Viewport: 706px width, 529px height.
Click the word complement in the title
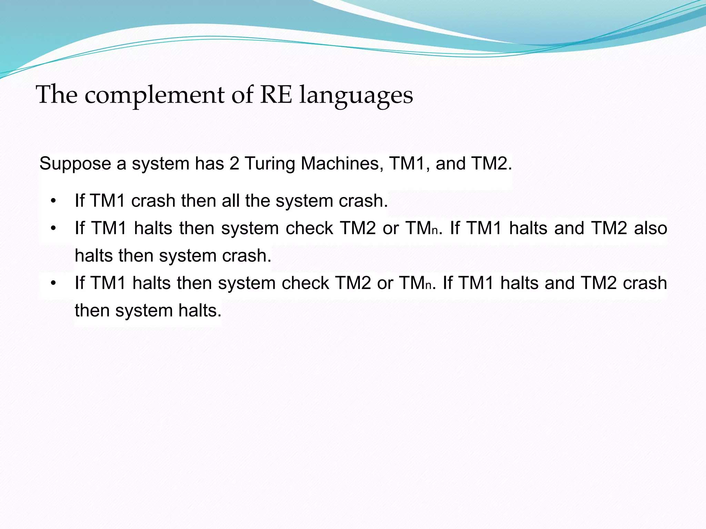pyautogui.click(x=154, y=95)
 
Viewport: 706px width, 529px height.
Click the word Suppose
pyautogui.click(x=75, y=164)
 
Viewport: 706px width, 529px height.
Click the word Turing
pyautogui.click(x=270, y=164)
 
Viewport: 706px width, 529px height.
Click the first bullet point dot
pyautogui.click(x=53, y=201)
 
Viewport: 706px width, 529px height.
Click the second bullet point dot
pyautogui.click(x=53, y=228)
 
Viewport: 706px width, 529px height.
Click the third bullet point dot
pyautogui.click(x=53, y=283)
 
